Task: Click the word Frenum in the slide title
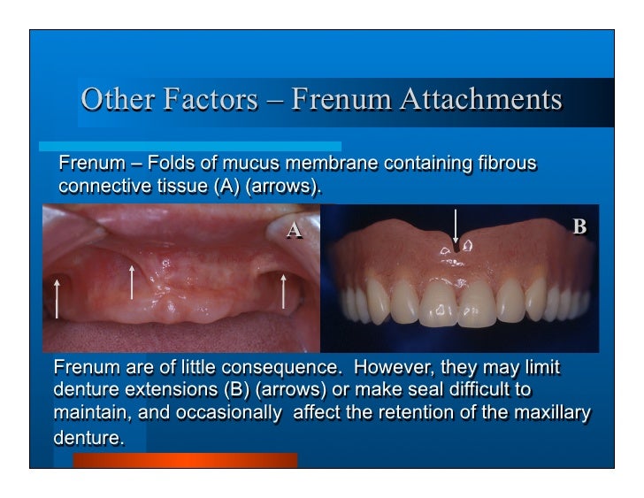pyautogui.click(x=341, y=99)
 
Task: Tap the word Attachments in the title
pyautogui.click(x=480, y=99)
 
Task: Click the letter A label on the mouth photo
pyautogui.click(x=295, y=231)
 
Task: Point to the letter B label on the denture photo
pyautogui.click(x=579, y=227)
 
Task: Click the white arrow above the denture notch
pyautogui.click(x=456, y=226)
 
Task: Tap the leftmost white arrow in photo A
pyautogui.click(x=57, y=298)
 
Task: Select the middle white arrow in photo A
pyautogui.click(x=132, y=280)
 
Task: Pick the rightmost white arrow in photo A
pyautogui.click(x=284, y=291)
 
